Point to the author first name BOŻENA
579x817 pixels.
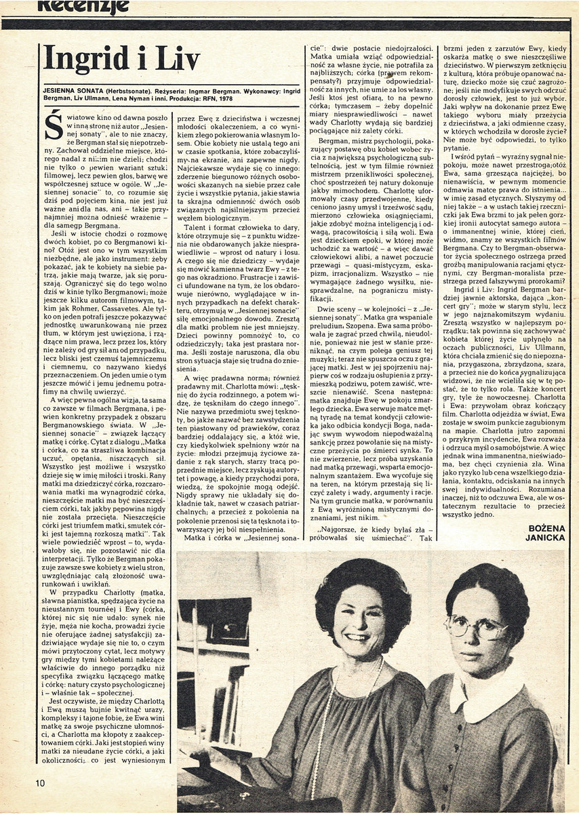[544, 526]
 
